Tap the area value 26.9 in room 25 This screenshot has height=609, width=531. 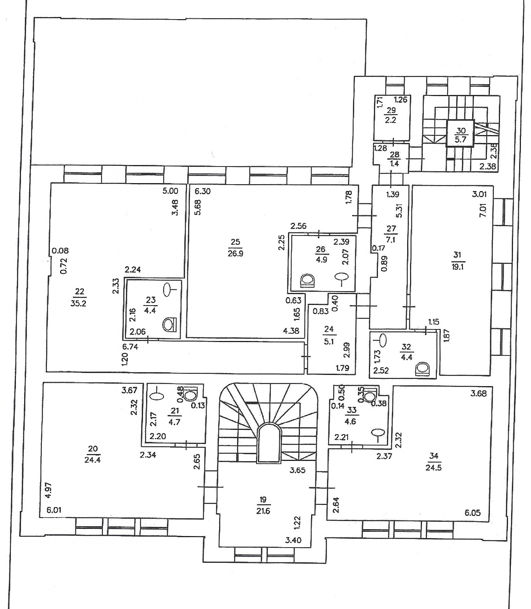pos(235,253)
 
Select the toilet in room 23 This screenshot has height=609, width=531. pos(169,324)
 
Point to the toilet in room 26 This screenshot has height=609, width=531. pos(308,281)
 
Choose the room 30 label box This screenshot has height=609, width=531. pos(461,133)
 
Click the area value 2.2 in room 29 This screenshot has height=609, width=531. pos(391,120)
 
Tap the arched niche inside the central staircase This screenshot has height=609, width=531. pos(269,443)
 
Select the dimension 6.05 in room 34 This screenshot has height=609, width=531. pos(473,513)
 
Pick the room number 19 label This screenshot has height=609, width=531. pos(263,500)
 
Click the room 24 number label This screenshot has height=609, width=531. pos(329,329)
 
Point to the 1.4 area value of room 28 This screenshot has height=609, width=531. pos(395,163)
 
